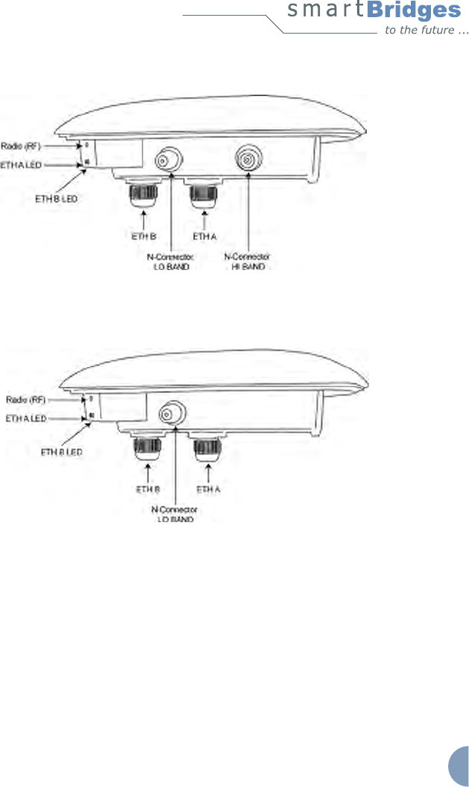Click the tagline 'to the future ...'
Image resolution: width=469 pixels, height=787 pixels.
[x=426, y=31]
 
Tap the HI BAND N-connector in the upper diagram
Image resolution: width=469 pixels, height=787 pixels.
[x=246, y=158]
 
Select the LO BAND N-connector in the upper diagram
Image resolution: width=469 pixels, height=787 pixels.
[x=166, y=160]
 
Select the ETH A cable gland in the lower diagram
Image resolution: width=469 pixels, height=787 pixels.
[x=205, y=448]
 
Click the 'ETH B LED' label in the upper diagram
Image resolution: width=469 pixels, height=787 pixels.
[x=57, y=198]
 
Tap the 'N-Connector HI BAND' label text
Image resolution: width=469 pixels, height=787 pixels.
[x=246, y=262]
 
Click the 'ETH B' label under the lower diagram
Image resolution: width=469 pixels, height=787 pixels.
[x=148, y=490]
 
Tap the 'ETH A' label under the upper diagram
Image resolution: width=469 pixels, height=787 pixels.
[x=204, y=236]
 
